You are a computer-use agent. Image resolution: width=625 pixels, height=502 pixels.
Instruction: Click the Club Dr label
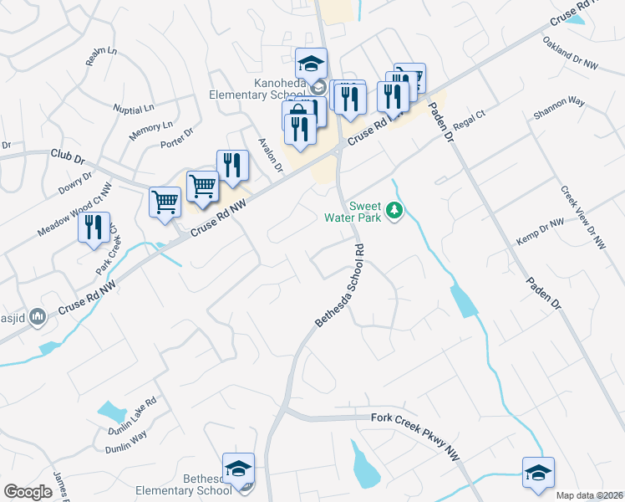(69, 156)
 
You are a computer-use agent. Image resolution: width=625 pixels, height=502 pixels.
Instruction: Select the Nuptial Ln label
(135, 109)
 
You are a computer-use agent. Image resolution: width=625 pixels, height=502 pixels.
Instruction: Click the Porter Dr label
(176, 138)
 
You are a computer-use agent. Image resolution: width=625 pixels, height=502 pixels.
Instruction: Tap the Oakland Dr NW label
(571, 52)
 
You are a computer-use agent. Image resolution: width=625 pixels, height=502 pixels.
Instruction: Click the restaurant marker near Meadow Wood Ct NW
(94, 227)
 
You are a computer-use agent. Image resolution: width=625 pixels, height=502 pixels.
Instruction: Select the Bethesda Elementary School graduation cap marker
(239, 469)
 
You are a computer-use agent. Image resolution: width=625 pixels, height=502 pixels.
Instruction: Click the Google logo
(28, 492)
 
